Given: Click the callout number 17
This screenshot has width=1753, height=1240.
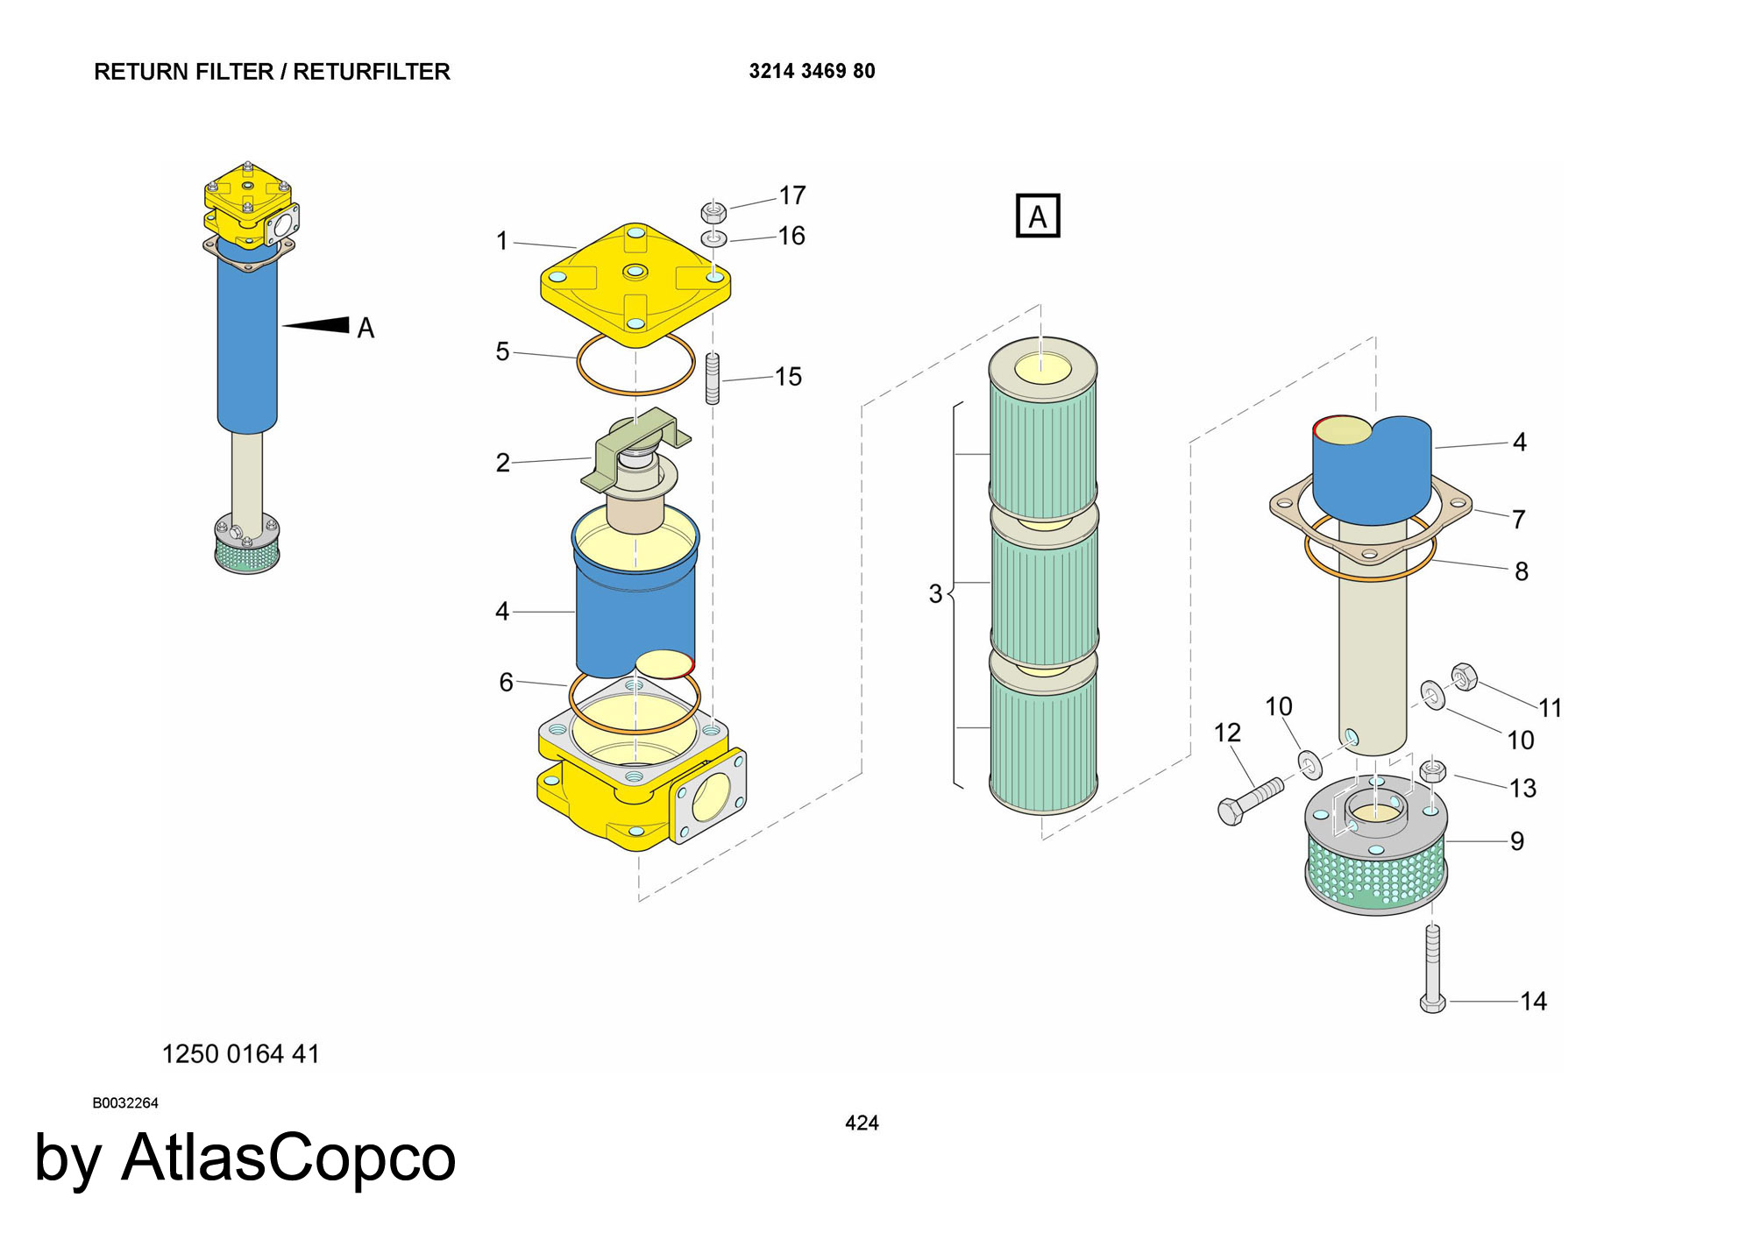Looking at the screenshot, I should (x=792, y=195).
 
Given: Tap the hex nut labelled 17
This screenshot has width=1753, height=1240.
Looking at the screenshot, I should (x=713, y=212).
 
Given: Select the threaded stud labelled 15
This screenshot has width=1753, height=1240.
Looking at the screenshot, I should (x=713, y=379).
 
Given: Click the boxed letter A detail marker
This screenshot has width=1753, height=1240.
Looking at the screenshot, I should (x=1038, y=216).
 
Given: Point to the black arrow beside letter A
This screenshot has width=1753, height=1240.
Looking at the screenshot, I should (x=317, y=325).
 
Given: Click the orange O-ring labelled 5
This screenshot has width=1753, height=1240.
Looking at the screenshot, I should (x=635, y=363).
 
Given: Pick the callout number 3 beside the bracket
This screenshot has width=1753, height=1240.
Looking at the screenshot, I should (x=935, y=594).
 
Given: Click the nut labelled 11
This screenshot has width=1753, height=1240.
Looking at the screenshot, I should (x=1464, y=677).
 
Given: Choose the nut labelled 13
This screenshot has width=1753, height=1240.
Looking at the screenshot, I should (x=1432, y=771).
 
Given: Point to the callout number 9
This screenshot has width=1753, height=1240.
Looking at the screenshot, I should (x=1516, y=841).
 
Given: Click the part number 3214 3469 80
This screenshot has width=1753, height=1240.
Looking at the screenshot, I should (x=812, y=71).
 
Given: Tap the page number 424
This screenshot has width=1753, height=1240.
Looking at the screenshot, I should (x=862, y=1123).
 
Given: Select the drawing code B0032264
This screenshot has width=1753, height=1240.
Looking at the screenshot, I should (x=125, y=1102).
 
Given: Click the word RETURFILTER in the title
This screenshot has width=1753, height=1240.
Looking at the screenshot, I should (x=372, y=72).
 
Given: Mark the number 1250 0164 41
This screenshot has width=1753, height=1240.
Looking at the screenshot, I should (x=241, y=1053).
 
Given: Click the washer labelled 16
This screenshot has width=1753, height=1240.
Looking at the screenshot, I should (x=713, y=238).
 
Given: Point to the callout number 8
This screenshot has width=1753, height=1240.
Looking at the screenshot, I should (x=1522, y=571).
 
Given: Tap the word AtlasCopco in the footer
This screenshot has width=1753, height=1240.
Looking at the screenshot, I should (x=288, y=1158).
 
